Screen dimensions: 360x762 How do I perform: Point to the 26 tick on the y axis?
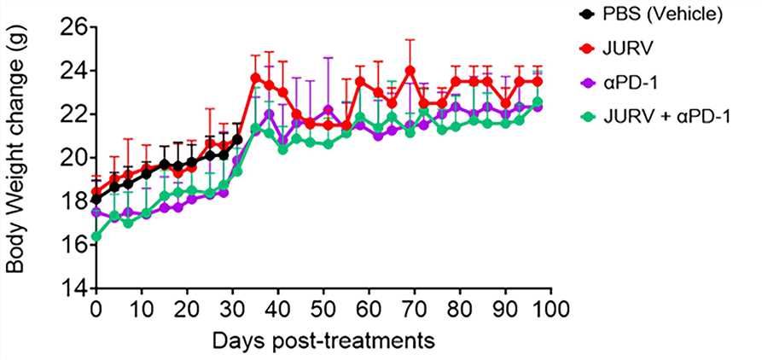point(74,27)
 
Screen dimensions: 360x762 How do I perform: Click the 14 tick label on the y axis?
point(74,288)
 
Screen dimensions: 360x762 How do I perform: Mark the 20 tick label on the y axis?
point(74,158)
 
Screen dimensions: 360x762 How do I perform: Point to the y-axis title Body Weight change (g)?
point(16,158)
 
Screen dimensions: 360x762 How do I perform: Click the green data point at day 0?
point(96,236)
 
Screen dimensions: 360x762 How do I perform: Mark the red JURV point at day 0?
point(96,192)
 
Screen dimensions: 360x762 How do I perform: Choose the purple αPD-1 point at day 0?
point(96,212)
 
